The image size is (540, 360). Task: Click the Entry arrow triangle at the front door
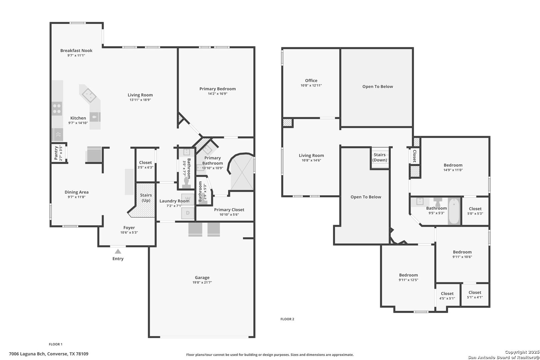[x=118, y=251]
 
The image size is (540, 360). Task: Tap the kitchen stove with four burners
[x=57, y=109]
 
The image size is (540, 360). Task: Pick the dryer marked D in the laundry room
[x=188, y=213]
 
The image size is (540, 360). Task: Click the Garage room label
[x=202, y=278]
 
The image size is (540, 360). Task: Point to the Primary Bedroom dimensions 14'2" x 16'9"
[x=217, y=94]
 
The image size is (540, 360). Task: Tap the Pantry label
[x=56, y=153]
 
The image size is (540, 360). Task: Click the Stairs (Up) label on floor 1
[x=146, y=198]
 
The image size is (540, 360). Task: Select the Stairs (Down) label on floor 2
[x=380, y=157]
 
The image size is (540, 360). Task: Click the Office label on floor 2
[x=311, y=81]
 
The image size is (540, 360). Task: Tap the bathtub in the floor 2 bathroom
[x=454, y=211]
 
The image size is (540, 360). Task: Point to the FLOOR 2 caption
[x=287, y=319]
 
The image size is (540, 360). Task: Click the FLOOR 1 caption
[x=56, y=344]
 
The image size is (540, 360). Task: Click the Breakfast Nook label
[x=76, y=50]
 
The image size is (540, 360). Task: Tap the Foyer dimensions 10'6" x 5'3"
[x=129, y=232]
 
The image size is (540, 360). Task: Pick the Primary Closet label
[x=229, y=210]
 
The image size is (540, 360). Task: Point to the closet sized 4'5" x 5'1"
[x=447, y=296]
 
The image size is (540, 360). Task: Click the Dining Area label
[x=76, y=192]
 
